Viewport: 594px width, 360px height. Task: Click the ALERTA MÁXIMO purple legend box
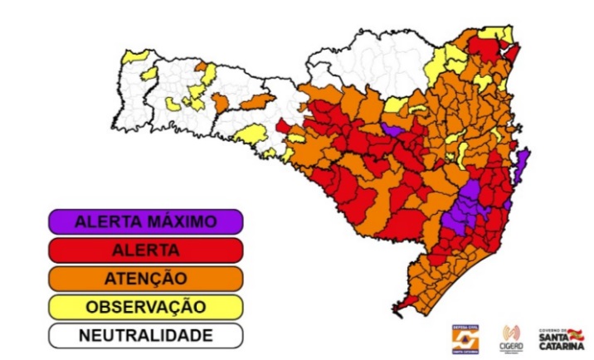[x=145, y=221]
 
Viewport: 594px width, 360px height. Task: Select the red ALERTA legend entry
[x=145, y=250]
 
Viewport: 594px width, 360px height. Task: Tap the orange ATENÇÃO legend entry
[x=145, y=278]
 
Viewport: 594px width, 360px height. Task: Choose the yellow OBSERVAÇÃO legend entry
[x=145, y=306]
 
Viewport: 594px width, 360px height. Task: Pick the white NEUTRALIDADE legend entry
[x=145, y=335]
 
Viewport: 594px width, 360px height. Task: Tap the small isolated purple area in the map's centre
[x=392, y=129]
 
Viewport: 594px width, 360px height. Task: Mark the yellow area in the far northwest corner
[x=135, y=56]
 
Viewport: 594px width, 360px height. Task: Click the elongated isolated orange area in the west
[x=256, y=100]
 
